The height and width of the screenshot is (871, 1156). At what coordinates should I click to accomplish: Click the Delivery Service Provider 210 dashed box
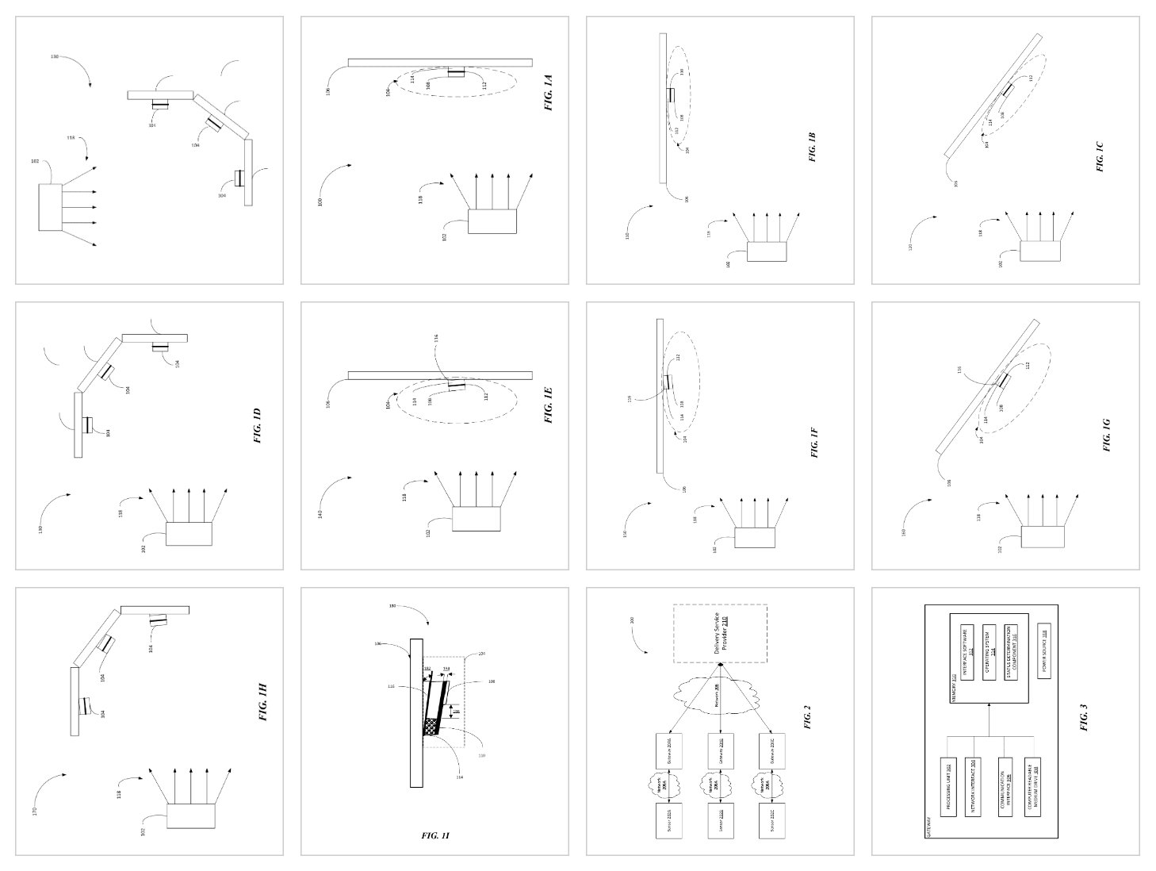pyautogui.click(x=720, y=633)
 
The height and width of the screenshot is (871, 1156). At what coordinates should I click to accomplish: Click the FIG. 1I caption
pyautogui.click(x=435, y=835)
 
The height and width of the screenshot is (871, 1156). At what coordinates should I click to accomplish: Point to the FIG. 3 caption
pyautogui.click(x=1084, y=719)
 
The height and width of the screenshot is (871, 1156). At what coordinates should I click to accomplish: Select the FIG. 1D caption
pyautogui.click(x=258, y=425)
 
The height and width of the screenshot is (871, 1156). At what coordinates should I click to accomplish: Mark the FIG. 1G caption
pyautogui.click(x=1107, y=435)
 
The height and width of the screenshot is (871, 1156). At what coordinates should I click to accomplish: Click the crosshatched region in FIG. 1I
pyautogui.click(x=431, y=726)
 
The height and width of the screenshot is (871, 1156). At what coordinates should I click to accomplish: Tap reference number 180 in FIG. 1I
pyautogui.click(x=392, y=606)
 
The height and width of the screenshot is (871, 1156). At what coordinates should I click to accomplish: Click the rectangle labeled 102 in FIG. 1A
pyautogui.click(x=492, y=221)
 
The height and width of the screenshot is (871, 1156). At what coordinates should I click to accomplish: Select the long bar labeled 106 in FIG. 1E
pyautogui.click(x=440, y=374)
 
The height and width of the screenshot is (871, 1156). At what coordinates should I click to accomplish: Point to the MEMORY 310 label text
pyautogui.click(x=952, y=681)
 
